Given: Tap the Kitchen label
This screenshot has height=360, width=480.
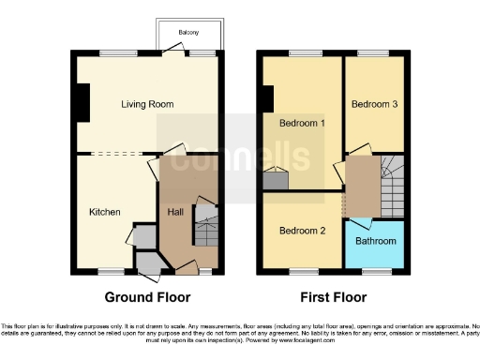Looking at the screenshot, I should (104, 213).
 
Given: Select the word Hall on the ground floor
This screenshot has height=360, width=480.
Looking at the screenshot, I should (175, 213).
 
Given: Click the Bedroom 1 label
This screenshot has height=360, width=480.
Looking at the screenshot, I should (302, 123).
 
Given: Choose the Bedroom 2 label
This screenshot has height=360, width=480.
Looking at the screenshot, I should (302, 231).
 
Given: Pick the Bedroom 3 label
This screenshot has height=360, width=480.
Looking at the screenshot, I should (374, 105).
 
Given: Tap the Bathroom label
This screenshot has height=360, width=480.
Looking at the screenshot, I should (375, 241).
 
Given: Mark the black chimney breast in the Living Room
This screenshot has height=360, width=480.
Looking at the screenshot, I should (82, 103).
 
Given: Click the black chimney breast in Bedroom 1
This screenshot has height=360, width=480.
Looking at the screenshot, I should (268, 98).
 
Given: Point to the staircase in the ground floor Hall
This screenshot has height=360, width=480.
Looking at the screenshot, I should (205, 225).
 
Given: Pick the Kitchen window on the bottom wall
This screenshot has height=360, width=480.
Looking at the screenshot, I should (112, 272).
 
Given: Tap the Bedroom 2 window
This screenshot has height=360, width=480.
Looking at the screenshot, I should (302, 272).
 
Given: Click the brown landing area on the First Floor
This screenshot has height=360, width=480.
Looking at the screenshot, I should (360, 186).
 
